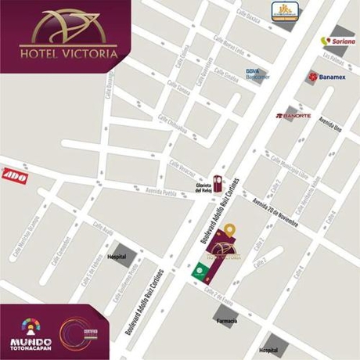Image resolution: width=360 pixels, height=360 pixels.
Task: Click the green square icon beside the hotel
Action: (199, 273)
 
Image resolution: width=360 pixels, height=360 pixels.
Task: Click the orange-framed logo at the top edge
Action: (282, 10)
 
